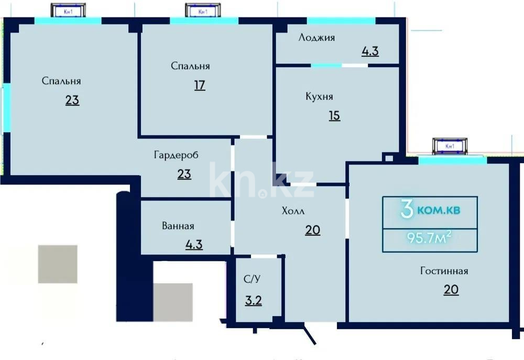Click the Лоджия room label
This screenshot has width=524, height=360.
(316, 38)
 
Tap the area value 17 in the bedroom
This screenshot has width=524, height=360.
(199, 85)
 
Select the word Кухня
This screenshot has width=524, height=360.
(319, 96)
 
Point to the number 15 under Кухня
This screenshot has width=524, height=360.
(334, 115)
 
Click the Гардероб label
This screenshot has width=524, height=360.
(176, 155)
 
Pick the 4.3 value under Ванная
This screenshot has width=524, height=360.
(194, 244)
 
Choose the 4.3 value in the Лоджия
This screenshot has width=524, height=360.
(370, 51)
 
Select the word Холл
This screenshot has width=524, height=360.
(293, 211)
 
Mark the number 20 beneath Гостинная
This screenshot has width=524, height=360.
(451, 289)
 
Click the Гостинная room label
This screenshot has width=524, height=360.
(444, 271)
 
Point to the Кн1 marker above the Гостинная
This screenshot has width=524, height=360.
(449, 146)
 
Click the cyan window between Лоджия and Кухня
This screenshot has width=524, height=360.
(326, 66)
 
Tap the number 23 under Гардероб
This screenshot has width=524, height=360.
(184, 173)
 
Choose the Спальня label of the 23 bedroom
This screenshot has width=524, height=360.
(61, 81)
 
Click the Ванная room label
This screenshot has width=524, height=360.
(178, 226)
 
